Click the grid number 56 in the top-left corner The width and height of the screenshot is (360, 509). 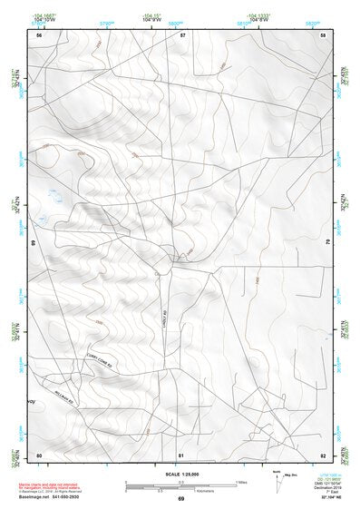(x=38, y=34)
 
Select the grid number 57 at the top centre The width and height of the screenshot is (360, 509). (x=182, y=34)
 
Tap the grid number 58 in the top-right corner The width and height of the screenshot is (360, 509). (x=323, y=34)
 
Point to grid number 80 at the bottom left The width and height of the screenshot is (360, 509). (x=38, y=454)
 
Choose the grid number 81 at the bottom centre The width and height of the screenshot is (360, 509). (x=181, y=454)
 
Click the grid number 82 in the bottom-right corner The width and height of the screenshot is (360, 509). (x=323, y=454)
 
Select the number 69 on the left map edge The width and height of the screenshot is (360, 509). (x=34, y=243)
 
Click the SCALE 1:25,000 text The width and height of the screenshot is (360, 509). (x=180, y=474)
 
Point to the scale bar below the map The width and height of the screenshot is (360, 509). (x=180, y=485)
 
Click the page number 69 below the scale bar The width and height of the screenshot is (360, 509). (x=180, y=499)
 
